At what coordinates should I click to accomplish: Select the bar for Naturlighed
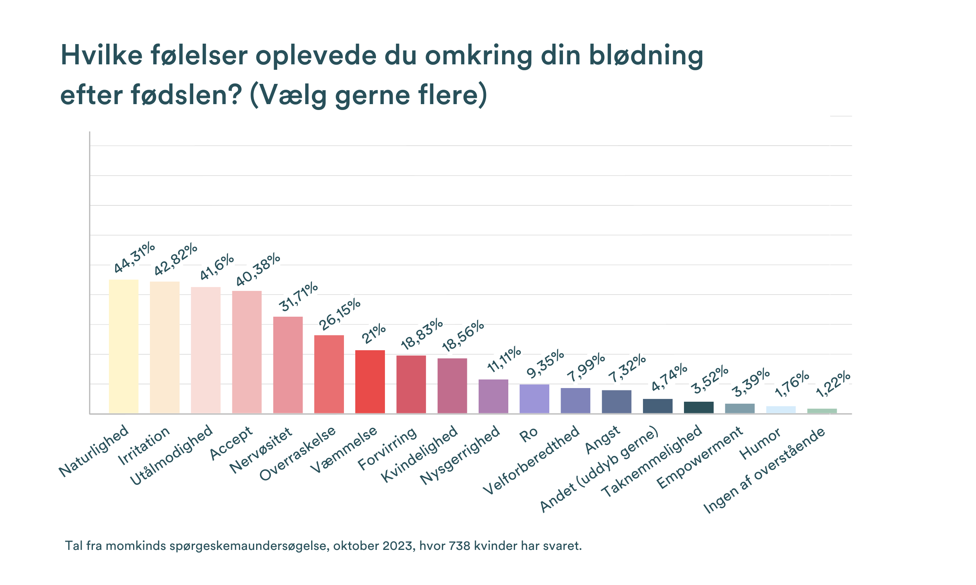(x=123, y=346)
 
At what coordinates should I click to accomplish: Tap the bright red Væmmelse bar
(x=370, y=381)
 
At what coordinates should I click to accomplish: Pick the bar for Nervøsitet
(x=288, y=365)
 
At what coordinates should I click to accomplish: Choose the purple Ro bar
(x=534, y=399)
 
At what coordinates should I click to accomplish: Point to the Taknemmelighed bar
(x=698, y=407)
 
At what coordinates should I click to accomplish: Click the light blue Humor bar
(x=781, y=409)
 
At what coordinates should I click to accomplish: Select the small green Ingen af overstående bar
(x=822, y=411)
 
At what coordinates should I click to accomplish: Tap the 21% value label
(x=373, y=333)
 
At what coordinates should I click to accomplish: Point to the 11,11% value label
(x=504, y=359)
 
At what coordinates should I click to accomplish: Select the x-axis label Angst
(x=602, y=440)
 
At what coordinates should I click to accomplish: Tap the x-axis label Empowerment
(x=700, y=457)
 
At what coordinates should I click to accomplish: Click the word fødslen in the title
(x=186, y=95)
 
